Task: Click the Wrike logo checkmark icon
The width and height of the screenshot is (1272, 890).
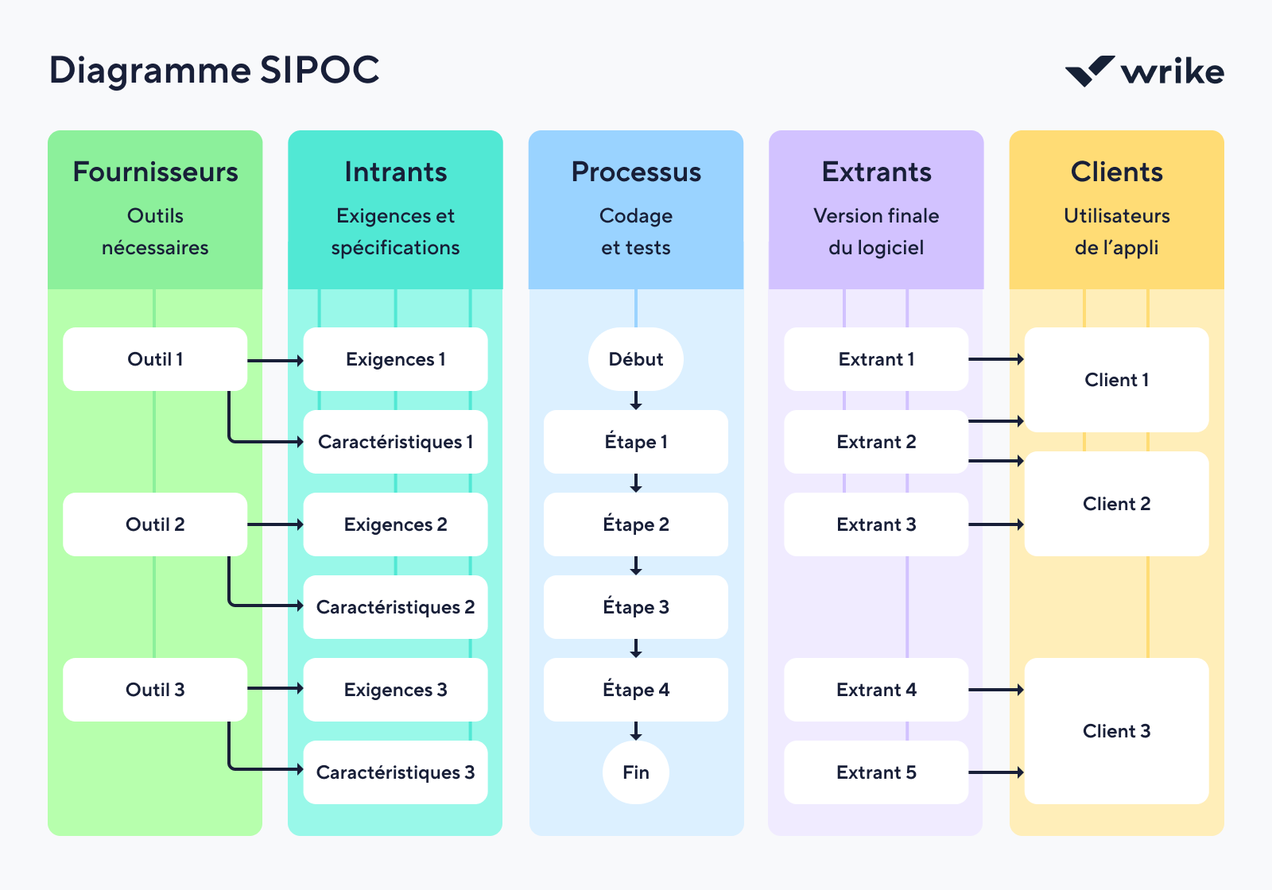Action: (1089, 71)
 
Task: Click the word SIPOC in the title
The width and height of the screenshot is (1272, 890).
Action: (320, 70)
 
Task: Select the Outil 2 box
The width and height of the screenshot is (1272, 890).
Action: (155, 524)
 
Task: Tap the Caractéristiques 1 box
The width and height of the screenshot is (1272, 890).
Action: (395, 442)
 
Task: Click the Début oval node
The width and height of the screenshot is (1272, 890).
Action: (635, 359)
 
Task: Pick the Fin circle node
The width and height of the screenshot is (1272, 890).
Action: (635, 772)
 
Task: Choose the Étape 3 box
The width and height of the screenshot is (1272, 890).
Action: (635, 607)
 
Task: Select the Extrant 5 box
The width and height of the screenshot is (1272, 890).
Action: (875, 772)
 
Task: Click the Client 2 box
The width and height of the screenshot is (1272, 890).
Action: (1116, 504)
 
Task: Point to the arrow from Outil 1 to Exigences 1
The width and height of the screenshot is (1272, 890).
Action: (275, 361)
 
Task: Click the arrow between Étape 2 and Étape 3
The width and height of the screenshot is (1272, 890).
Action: (636, 566)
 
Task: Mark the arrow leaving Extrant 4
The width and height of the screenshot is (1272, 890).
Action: (995, 690)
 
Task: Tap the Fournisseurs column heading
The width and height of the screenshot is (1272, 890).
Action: (155, 172)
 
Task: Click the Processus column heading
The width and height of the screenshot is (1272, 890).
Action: (636, 172)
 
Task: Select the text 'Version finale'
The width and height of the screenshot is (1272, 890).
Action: (875, 215)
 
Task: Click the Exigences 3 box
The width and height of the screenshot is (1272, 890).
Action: (395, 690)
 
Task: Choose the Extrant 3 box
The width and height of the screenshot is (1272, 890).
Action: (875, 524)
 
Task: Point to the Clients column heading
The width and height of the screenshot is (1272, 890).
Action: (1116, 172)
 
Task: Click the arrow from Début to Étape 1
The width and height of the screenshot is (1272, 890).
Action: (636, 400)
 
